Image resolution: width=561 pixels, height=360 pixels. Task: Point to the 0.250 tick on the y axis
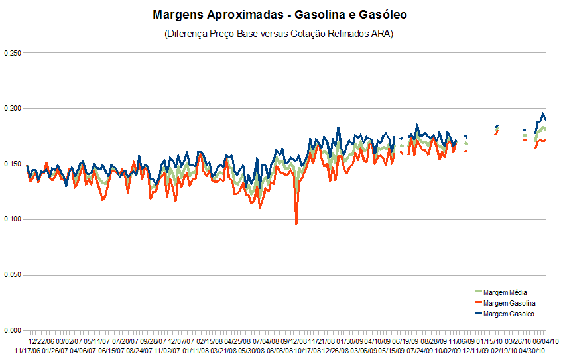pos(13,53)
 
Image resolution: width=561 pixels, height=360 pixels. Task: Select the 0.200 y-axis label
pos(13,109)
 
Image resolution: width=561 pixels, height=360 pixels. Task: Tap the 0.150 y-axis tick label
pos(13,164)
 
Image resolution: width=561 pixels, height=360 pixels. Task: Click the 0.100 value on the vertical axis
pos(13,219)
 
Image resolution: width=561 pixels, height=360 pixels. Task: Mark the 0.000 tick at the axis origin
pos(13,330)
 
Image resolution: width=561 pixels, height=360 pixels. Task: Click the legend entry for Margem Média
pos(505,292)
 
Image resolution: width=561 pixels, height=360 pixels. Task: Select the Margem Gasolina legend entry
pos(508,303)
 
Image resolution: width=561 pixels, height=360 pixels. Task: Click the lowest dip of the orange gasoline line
pos(296,223)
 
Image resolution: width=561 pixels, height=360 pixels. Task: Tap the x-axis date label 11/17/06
pos(27,349)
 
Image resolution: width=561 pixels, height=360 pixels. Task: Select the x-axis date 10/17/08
pos(307,349)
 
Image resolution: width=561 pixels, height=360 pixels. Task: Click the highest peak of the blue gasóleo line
pos(544,113)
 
